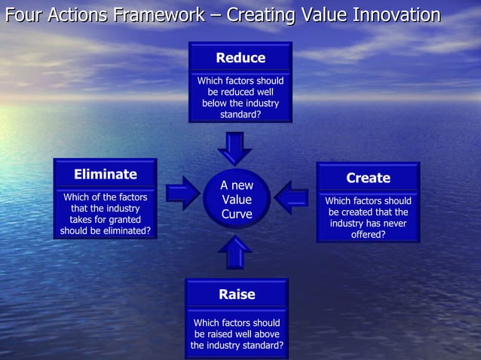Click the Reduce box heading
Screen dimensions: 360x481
point(240,58)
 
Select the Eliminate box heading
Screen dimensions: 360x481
point(106,175)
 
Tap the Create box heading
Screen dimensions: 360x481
point(368,178)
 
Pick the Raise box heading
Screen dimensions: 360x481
point(237,294)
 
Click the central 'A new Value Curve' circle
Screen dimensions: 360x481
point(237,200)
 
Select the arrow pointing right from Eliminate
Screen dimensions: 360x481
point(182,194)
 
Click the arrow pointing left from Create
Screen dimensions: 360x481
point(292,197)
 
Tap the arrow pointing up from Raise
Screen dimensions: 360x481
point(237,252)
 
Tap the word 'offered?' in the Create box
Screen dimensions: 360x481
point(368,235)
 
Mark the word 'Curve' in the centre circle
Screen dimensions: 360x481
point(237,215)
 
